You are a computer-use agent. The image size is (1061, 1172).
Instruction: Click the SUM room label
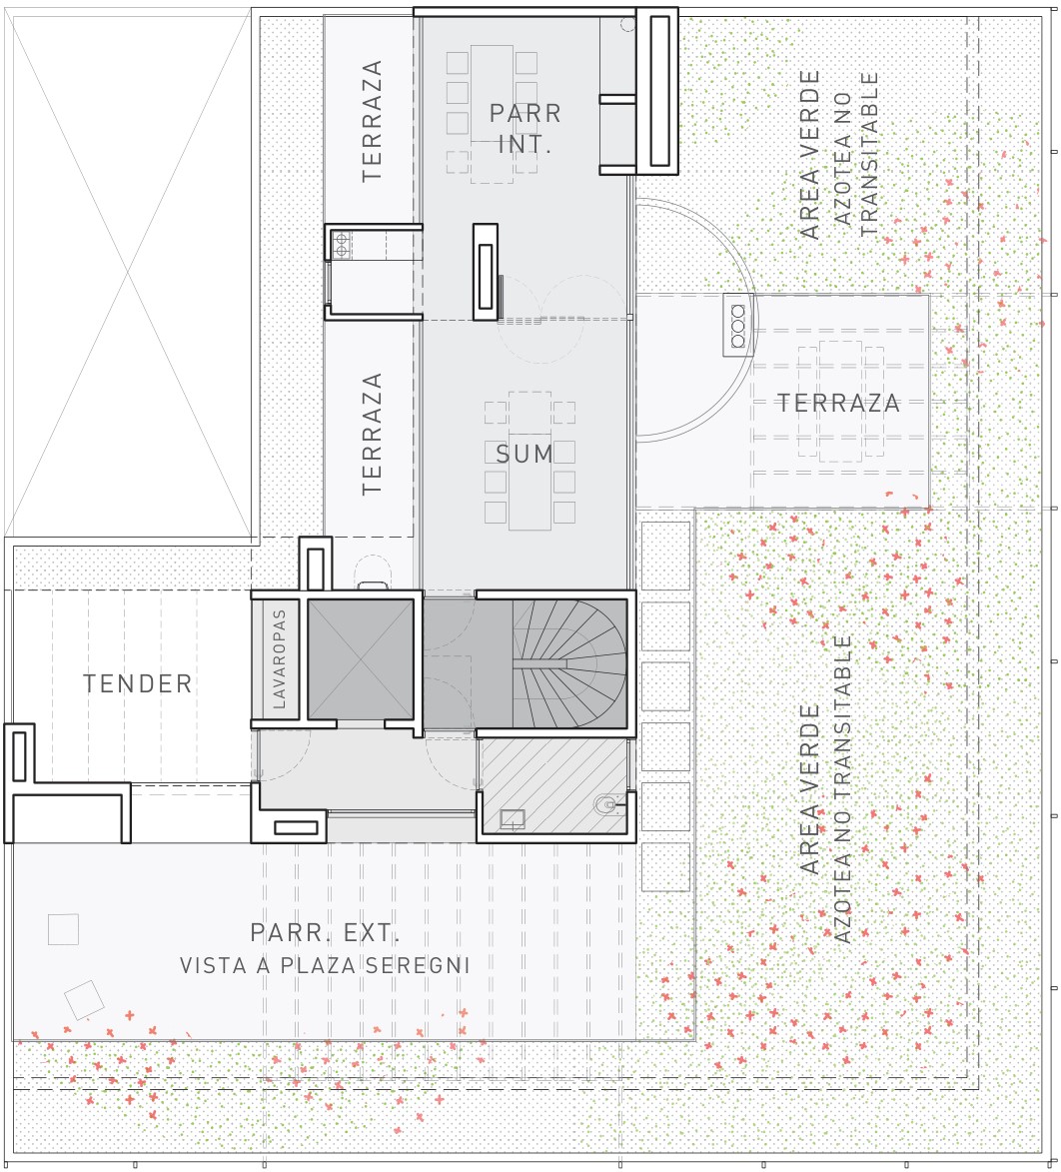524,453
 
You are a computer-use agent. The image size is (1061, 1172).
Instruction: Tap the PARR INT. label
525,128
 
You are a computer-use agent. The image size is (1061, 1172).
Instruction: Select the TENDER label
138,683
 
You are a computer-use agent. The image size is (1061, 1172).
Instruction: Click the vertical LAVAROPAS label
280,658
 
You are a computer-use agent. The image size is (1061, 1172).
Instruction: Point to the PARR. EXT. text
325,933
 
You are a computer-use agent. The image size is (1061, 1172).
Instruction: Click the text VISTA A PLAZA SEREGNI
325,965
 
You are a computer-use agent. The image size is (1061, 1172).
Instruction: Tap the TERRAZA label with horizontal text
838,403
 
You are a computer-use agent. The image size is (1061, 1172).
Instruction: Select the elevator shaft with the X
361,659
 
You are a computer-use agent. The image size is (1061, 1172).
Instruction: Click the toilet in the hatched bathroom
605,805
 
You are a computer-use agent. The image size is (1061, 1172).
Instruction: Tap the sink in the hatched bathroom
512,820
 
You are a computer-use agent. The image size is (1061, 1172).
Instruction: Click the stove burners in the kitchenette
342,245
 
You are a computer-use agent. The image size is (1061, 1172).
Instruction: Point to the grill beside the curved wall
737,325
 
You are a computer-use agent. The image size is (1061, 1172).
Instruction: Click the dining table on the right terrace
840,401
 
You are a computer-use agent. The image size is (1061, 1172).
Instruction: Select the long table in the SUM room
530,461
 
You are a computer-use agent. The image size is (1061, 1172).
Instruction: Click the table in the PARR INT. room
492,114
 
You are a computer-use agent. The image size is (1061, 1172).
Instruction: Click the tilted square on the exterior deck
84,1000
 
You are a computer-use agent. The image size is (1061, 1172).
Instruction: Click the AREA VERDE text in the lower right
810,788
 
